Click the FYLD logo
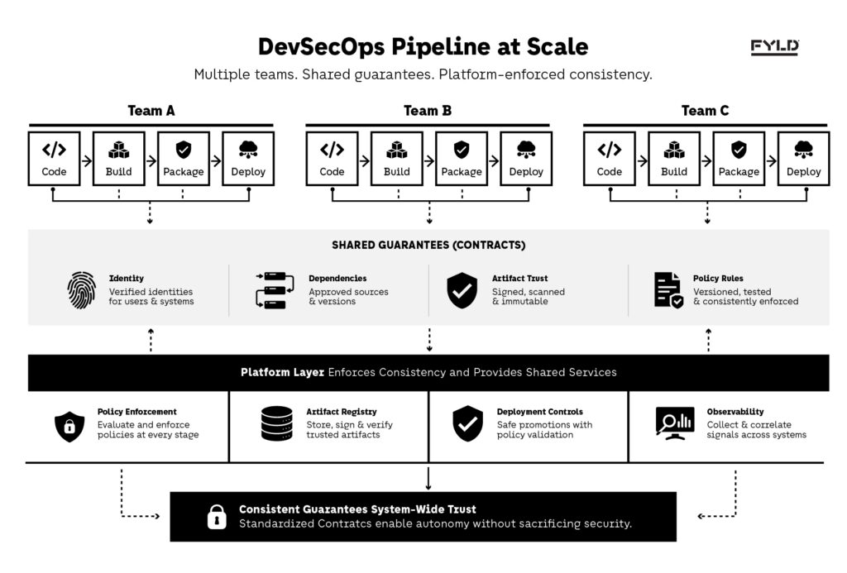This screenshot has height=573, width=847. [774, 47]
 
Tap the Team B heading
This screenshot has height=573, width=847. [427, 111]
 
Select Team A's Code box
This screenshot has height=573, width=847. [55, 158]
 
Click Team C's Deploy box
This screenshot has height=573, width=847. [803, 158]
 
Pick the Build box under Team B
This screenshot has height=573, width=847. [396, 158]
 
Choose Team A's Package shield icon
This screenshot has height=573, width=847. [184, 150]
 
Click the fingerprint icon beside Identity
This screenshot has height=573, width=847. [82, 290]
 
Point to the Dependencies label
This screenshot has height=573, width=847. [337, 279]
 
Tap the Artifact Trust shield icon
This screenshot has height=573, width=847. [462, 290]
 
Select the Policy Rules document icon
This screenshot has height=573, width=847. [668, 290]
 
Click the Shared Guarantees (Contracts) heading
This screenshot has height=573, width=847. [428, 246]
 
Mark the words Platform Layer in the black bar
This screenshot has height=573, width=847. [282, 372]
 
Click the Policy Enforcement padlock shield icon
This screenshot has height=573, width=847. [69, 426]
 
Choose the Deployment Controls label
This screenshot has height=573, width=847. [539, 412]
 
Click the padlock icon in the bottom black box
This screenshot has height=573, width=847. [216, 517]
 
